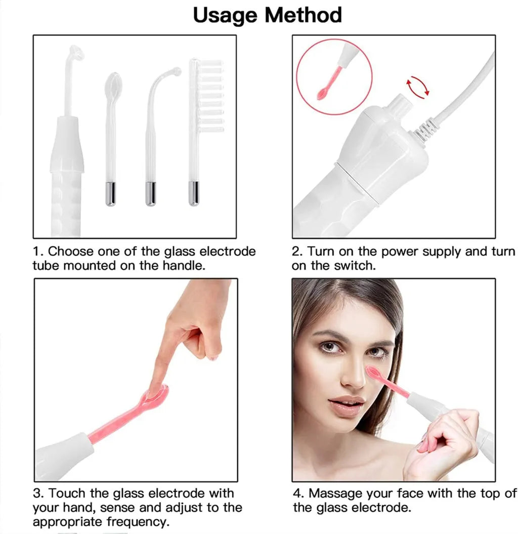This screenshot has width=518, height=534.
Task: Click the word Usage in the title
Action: [227, 15]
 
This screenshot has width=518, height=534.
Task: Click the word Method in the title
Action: [304, 15]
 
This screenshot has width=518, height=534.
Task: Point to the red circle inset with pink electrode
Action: [334, 76]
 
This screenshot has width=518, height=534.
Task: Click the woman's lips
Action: [347, 405]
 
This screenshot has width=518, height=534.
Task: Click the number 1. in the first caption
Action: [38, 252]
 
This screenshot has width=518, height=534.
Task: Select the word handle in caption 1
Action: [183, 265]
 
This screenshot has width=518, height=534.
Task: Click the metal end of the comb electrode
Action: [194, 193]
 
